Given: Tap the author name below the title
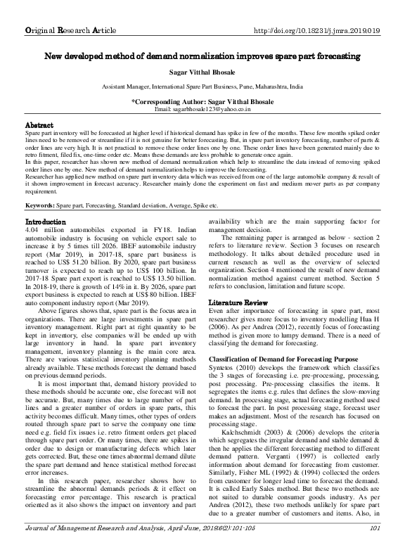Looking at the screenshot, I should pyautogui.click(x=202, y=72).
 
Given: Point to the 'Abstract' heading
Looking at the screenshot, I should pyautogui.click(x=39, y=124).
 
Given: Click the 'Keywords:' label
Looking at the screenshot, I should pyautogui.click(x=40, y=205).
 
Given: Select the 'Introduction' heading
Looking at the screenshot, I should pyautogui.click(x=45, y=222).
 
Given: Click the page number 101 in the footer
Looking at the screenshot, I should pyautogui.click(x=374, y=549).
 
